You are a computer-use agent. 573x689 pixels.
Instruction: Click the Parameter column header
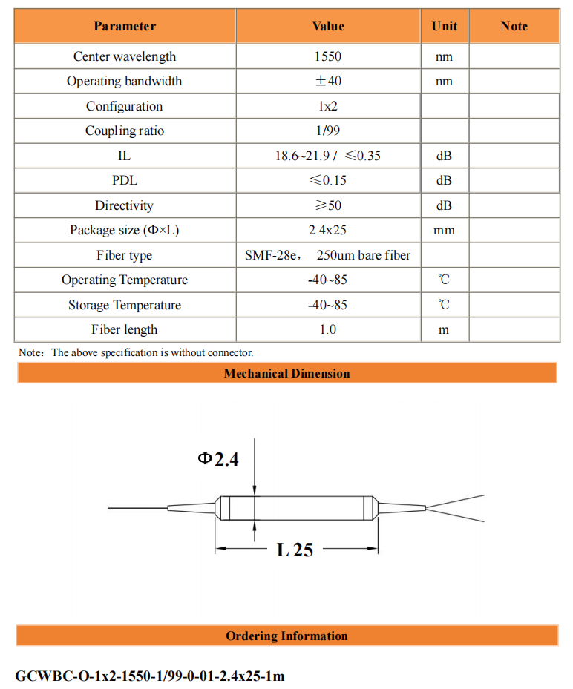pyautogui.click(x=125, y=26)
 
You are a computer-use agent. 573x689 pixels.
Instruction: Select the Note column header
pyautogui.click(x=514, y=26)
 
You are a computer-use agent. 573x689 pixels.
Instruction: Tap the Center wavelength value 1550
pyautogui.click(x=328, y=56)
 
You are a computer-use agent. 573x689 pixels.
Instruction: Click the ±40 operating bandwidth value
pyautogui.click(x=328, y=82)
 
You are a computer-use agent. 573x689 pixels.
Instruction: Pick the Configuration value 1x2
pyautogui.click(x=328, y=106)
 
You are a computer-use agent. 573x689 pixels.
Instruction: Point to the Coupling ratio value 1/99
pyautogui.click(x=328, y=131)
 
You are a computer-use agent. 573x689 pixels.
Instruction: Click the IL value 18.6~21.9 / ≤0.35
pyautogui.click(x=328, y=156)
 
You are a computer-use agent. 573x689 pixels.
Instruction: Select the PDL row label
pyautogui.click(x=125, y=181)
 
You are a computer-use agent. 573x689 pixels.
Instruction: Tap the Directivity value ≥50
pyautogui.click(x=328, y=205)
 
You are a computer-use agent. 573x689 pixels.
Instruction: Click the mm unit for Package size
pyautogui.click(x=444, y=231)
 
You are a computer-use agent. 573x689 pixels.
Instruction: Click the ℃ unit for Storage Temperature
pyautogui.click(x=444, y=305)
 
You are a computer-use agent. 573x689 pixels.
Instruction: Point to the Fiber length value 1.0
pyautogui.click(x=328, y=329)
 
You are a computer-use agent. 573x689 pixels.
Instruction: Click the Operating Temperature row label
pyautogui.click(x=125, y=280)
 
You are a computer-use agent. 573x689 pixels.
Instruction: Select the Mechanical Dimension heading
pyautogui.click(x=286, y=373)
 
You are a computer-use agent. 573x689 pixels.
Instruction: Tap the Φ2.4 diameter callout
pyautogui.click(x=218, y=459)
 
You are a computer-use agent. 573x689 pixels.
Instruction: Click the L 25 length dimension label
pyautogui.click(x=295, y=550)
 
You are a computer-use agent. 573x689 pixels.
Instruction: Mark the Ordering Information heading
pyautogui.click(x=286, y=636)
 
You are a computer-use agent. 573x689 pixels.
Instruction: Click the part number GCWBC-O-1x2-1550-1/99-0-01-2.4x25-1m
pyautogui.click(x=150, y=676)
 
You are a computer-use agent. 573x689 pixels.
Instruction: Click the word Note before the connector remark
pyautogui.click(x=30, y=353)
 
